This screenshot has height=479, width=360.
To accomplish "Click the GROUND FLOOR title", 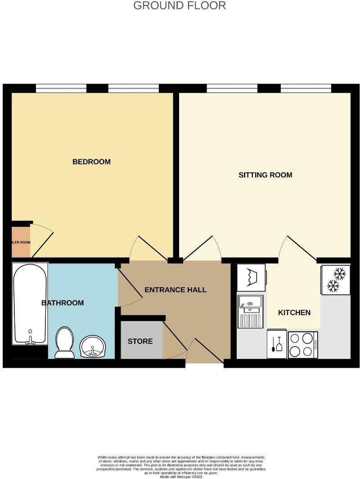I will point(180,6).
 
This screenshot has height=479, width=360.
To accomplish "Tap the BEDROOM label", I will point(91,162).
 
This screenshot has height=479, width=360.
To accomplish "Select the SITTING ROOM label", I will point(265,175).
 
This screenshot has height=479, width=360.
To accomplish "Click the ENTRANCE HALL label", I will point(175,289).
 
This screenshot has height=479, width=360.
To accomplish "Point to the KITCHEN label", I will point(294,312).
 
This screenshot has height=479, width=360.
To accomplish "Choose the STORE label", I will point(140,341).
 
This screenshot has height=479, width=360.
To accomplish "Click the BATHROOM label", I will point(63,303).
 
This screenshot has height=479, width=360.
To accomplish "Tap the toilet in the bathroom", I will point(65,343).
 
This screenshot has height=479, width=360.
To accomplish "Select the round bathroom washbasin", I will point(93,346).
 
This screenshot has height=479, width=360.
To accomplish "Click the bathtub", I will point(30,304).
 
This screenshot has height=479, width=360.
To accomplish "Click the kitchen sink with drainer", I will point(250,311).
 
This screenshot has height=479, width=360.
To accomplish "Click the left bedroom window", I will point(61,88).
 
